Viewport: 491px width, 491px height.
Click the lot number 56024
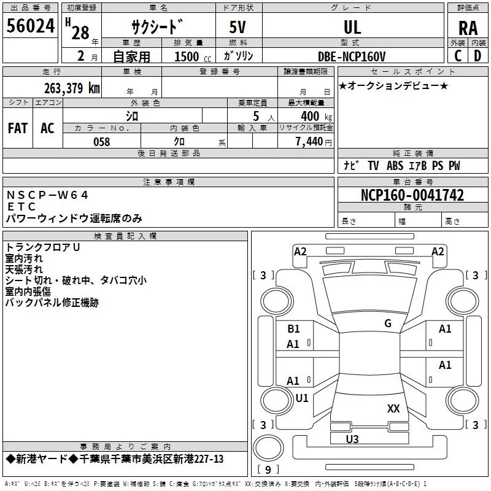click(30, 26)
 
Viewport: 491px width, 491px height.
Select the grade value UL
click(352, 27)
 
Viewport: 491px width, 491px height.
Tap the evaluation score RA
click(468, 28)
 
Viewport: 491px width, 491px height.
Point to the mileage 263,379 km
click(72, 88)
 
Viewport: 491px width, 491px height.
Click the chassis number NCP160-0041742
click(412, 195)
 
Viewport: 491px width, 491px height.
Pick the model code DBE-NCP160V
click(351, 56)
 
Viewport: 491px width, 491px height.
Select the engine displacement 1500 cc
click(193, 56)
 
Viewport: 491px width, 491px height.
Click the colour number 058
click(101, 142)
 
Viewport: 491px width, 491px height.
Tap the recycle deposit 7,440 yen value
click(314, 142)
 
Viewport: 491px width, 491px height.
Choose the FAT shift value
click(18, 128)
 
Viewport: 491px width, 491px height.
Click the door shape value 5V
click(238, 27)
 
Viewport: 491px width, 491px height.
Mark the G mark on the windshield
click(388, 323)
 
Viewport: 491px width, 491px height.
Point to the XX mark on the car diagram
click(393, 408)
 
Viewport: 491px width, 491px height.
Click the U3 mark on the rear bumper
click(352, 439)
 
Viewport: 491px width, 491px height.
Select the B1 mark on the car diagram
click(293, 329)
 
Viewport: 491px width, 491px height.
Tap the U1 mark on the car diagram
click(302, 398)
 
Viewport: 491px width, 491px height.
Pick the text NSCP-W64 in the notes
click(47, 195)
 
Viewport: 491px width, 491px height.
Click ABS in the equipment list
click(395, 166)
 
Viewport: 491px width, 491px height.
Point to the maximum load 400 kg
click(316, 117)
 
